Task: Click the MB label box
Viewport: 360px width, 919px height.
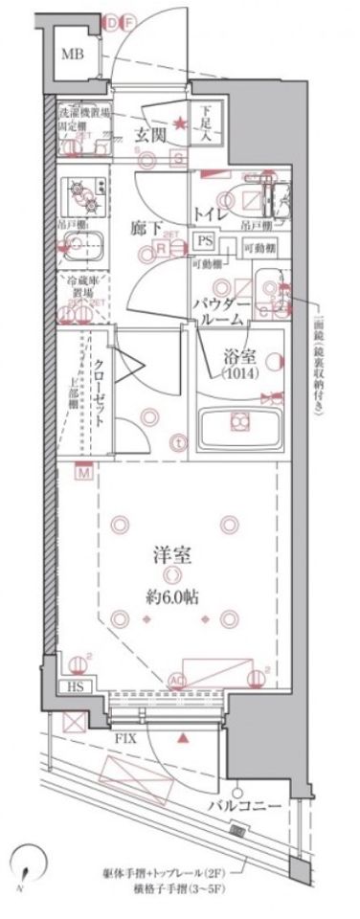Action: (73, 56)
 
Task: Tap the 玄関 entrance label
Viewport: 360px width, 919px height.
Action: (150, 134)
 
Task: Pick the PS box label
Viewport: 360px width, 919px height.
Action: (204, 243)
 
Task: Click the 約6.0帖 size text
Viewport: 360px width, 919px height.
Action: (172, 596)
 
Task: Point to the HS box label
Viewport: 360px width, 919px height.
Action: (74, 687)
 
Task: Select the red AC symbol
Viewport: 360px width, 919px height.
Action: (176, 682)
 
